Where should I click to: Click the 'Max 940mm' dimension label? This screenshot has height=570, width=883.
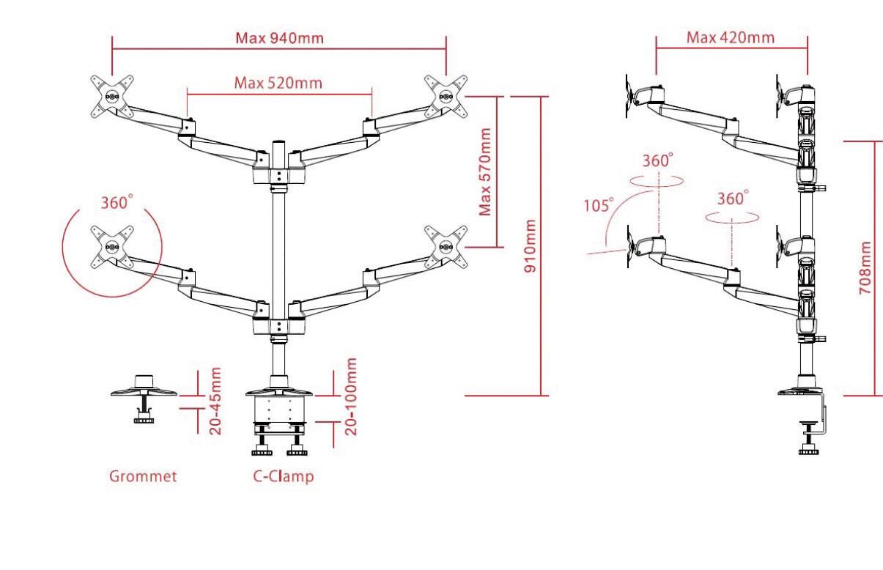279,37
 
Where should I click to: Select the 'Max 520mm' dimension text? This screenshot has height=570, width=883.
278,82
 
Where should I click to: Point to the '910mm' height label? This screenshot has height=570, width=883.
530,245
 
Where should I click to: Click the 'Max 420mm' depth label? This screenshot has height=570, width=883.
730,37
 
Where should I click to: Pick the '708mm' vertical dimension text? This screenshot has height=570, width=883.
865,267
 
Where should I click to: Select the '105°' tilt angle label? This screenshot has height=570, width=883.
598,205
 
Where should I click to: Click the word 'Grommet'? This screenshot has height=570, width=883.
143,476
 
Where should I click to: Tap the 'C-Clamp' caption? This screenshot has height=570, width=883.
284,476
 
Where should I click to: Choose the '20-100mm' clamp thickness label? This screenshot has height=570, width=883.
351,396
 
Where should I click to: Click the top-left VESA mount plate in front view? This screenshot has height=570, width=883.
112,96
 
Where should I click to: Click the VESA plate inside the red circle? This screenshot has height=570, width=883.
112,248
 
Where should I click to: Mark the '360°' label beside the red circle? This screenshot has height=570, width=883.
117,203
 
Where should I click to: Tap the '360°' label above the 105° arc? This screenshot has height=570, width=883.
658,161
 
